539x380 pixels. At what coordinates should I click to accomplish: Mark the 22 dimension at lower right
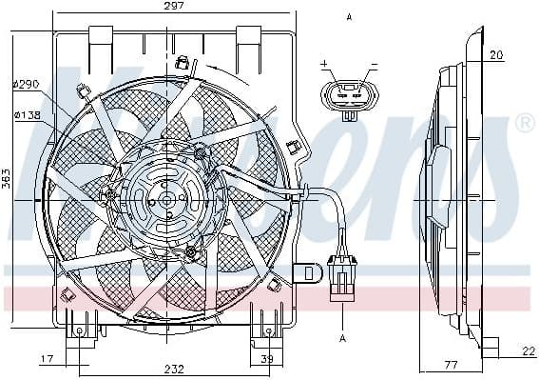click(x=528, y=352)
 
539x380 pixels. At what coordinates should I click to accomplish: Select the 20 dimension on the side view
click(x=496, y=55)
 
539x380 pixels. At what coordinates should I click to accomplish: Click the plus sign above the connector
click(x=324, y=65)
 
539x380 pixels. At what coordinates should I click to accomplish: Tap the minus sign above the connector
click(x=373, y=65)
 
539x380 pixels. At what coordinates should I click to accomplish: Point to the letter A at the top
click(x=349, y=17)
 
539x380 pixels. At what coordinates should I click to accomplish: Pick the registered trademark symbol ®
click(x=524, y=123)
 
